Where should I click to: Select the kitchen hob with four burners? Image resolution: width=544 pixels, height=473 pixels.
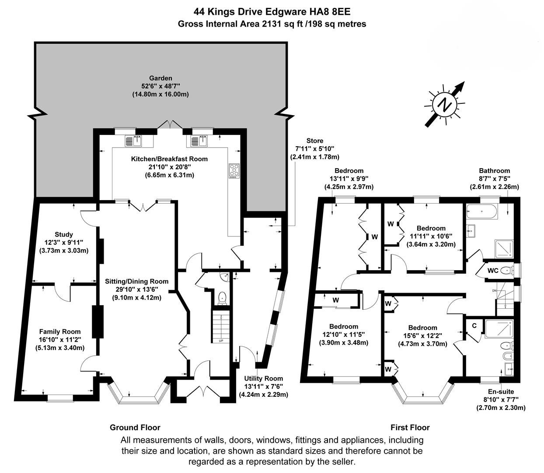pos(234,171)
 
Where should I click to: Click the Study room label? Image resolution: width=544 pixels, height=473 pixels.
pos(63,234)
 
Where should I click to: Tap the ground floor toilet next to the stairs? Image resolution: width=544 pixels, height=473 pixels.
pos(222,298)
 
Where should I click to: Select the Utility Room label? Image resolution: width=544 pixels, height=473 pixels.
pos(264,378)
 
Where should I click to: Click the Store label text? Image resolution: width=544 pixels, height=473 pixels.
pos(315,141)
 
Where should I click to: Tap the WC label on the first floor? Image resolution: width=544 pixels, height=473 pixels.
pos(493,271)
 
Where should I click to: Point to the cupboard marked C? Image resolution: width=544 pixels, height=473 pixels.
pos(474,325)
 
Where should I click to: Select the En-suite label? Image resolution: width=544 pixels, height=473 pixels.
pos(501,392)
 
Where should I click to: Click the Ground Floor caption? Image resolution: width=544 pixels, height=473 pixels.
pos(135,427)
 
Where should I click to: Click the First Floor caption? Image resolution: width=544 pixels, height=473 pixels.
pos(410,427)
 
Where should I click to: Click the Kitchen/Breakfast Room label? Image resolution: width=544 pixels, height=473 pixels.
pos(169,159)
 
